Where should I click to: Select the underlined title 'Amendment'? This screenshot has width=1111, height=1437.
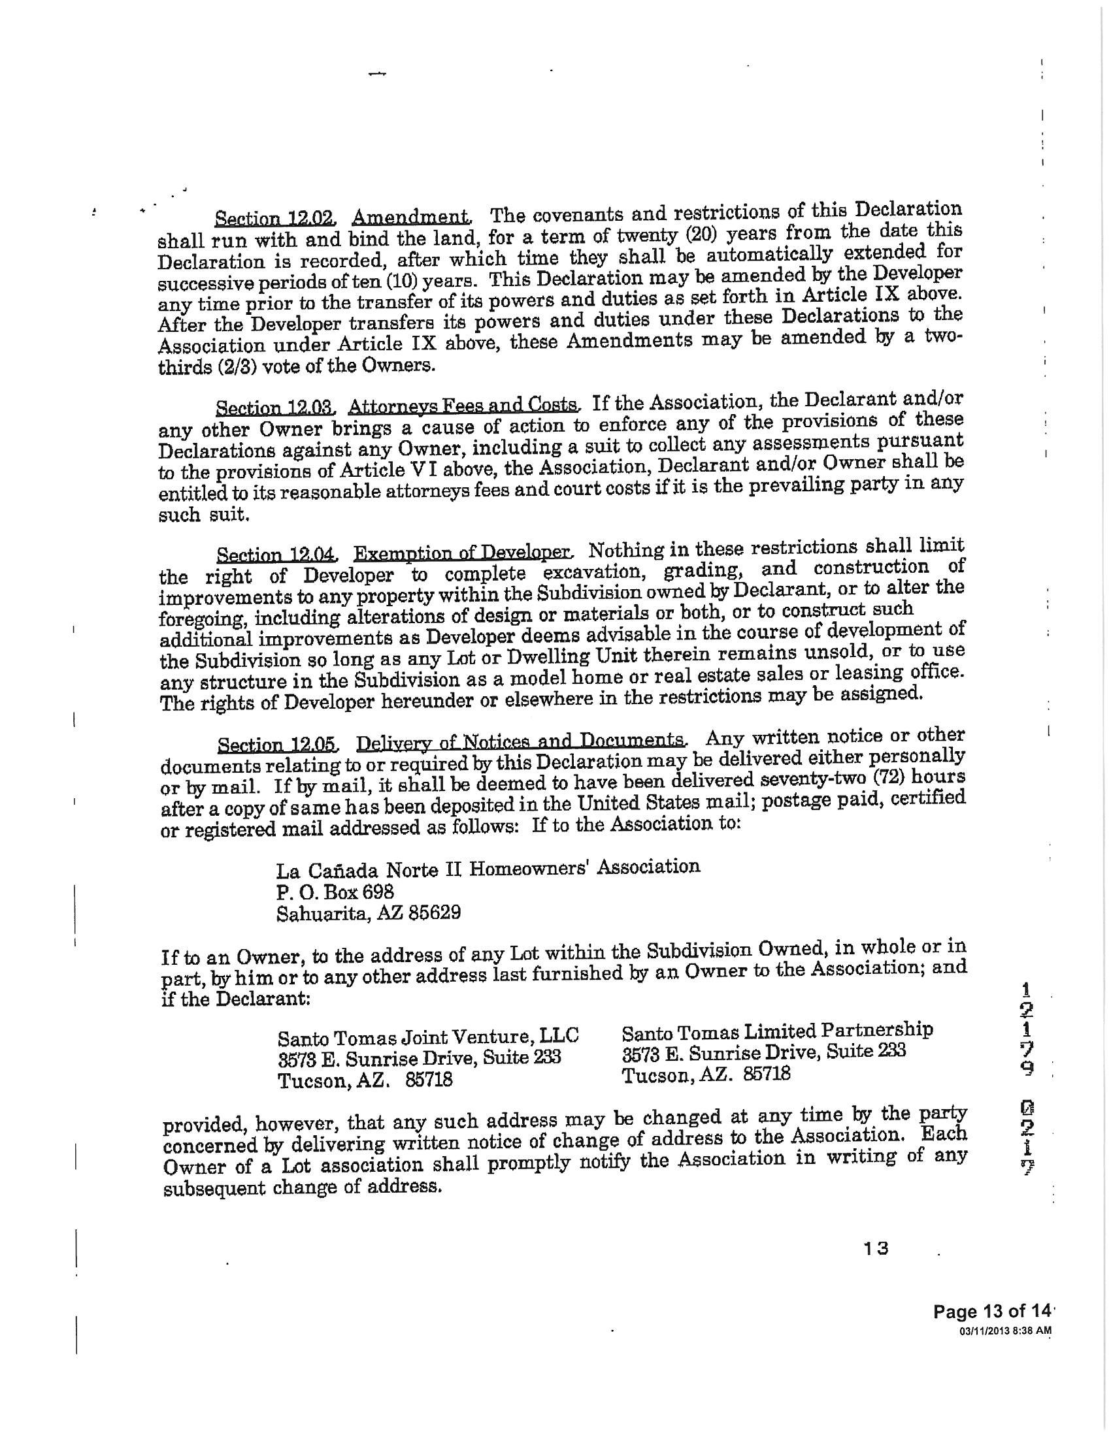click(x=411, y=216)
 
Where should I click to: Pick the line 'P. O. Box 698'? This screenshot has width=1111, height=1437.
click(x=335, y=892)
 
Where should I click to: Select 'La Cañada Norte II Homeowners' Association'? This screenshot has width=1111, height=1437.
click(x=488, y=869)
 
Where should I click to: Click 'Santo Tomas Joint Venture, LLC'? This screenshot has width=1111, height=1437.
click(x=428, y=1037)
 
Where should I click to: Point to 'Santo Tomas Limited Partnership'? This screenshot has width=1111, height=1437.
click(x=777, y=1030)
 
